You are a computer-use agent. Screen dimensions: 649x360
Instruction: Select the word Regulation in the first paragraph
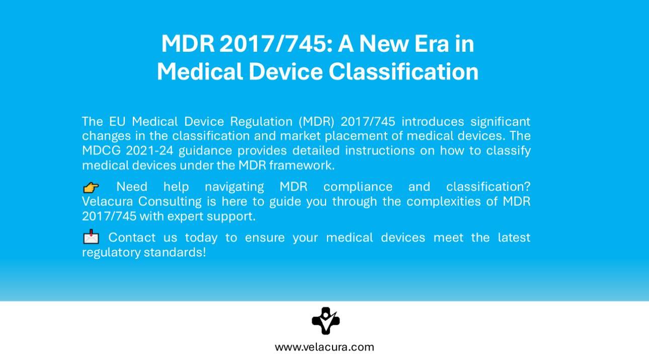click(x=261, y=122)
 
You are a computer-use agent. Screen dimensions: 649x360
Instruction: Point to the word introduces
click(x=433, y=121)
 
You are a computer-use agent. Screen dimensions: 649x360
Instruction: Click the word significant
click(x=501, y=122)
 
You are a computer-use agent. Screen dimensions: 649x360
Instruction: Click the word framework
click(x=302, y=165)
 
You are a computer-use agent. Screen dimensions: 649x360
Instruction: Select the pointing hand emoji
click(x=91, y=188)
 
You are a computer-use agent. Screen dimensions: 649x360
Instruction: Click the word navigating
click(x=234, y=187)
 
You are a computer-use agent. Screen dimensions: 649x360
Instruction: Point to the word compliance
click(x=358, y=187)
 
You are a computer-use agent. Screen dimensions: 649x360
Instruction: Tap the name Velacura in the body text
click(x=107, y=201)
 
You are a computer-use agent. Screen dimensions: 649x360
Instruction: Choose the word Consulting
click(x=170, y=202)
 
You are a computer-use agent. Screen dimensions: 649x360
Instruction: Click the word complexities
click(x=443, y=202)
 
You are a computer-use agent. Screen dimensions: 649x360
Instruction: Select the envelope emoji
click(x=91, y=237)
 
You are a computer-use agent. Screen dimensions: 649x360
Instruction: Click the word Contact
click(x=132, y=238)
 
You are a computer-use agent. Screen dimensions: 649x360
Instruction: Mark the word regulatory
click(x=111, y=253)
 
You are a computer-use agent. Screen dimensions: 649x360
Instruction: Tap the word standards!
click(x=175, y=252)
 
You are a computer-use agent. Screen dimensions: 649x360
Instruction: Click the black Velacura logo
click(x=326, y=321)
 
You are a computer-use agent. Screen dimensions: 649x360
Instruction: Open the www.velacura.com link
click(x=324, y=347)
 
